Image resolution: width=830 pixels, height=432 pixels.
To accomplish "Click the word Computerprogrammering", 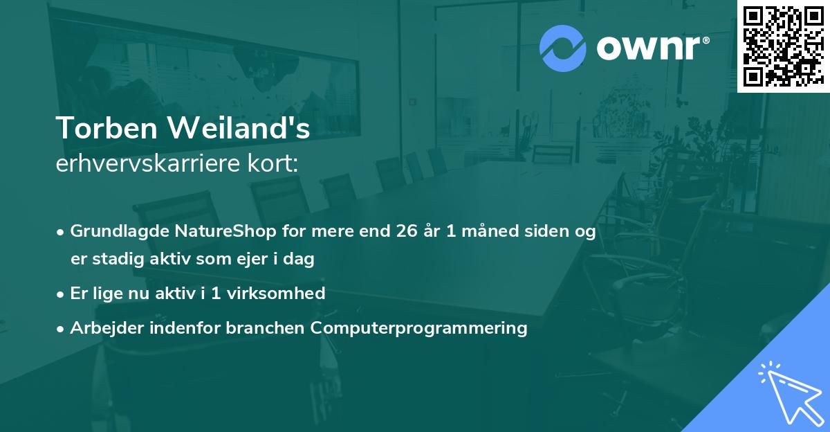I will pyautogui.click(x=419, y=327).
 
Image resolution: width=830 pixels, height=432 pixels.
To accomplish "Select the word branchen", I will pyautogui.click(x=266, y=327).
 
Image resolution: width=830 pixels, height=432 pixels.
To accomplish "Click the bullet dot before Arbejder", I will pyautogui.click(x=62, y=328).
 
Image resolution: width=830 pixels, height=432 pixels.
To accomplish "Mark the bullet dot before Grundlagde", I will pyautogui.click(x=62, y=232).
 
